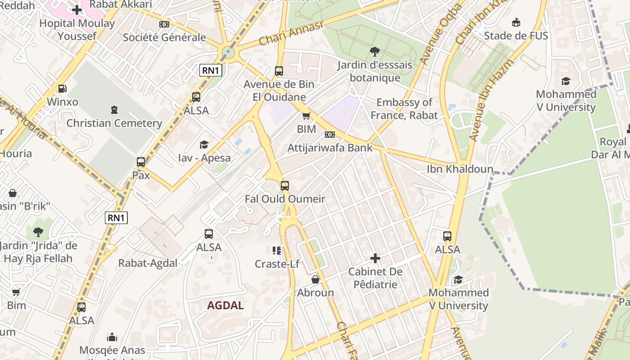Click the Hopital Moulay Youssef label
(x=77, y=29)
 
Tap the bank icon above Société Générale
(x=164, y=24)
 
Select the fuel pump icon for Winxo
(x=63, y=89)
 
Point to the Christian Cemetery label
(x=114, y=123)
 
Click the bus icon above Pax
(x=141, y=162)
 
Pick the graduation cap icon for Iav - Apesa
(x=204, y=144)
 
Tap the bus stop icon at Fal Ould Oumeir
(x=284, y=185)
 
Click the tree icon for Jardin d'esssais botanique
(x=374, y=52)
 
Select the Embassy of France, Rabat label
(x=404, y=109)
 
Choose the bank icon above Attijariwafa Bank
(x=330, y=135)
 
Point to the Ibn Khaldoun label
(x=460, y=169)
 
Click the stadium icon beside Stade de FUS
(x=516, y=22)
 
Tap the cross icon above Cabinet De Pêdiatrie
(x=375, y=258)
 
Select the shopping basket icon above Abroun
(x=315, y=279)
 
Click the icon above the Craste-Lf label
(x=277, y=250)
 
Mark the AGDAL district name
(x=225, y=306)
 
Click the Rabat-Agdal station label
(x=148, y=263)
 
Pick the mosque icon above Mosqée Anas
(x=112, y=337)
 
